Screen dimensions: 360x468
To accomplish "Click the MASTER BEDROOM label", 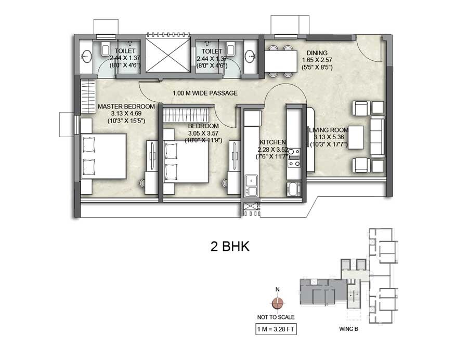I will [126, 106].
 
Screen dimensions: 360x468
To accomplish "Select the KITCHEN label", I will [273, 142].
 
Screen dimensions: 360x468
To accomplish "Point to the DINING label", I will [317, 53].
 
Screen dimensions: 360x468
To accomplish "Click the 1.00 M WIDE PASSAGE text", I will [205, 94].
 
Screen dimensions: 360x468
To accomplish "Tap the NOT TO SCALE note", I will [276, 317].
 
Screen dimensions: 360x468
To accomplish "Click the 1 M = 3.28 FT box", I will [276, 329].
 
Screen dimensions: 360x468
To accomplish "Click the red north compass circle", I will [278, 303].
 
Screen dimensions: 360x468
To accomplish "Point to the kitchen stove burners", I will [294, 157].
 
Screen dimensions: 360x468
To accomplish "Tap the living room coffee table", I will [355, 137].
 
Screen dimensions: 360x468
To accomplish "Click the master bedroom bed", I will [104, 156].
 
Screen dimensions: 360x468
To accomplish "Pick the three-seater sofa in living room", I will [376, 137].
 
